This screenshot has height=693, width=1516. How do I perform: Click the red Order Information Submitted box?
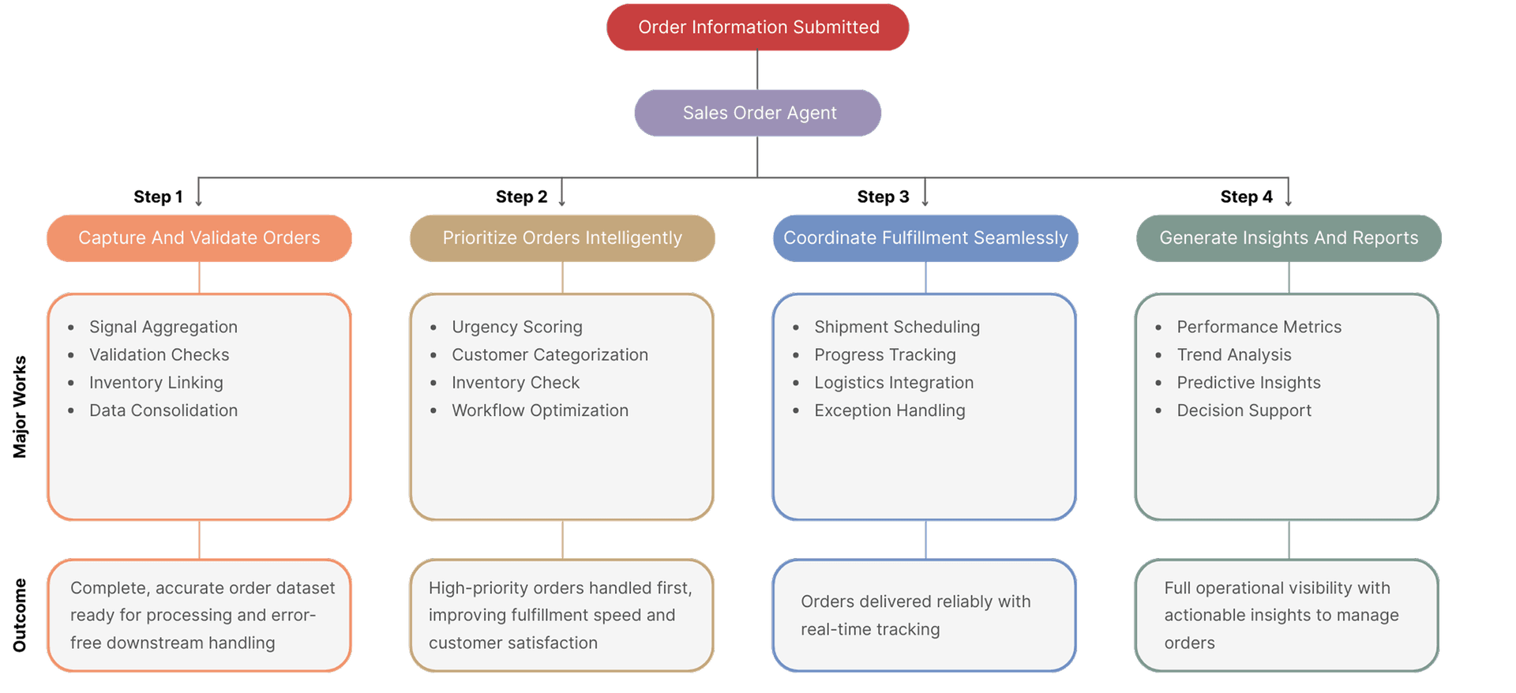pyautogui.click(x=757, y=28)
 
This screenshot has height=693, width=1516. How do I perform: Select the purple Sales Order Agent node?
pyautogui.click(x=758, y=113)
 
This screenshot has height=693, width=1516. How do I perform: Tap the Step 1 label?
pyautogui.click(x=158, y=197)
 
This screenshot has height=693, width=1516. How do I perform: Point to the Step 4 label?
pyautogui.click(x=1246, y=197)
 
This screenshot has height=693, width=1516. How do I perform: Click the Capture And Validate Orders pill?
pyautogui.click(x=199, y=238)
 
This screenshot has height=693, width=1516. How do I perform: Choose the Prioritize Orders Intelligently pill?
pyautogui.click(x=562, y=238)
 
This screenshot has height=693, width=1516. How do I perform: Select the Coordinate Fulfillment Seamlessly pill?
pyautogui.click(x=925, y=238)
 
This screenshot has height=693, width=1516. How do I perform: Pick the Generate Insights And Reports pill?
pyautogui.click(x=1289, y=238)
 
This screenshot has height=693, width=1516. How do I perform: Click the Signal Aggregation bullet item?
pyautogui.click(x=163, y=327)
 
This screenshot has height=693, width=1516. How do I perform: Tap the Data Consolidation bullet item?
pyautogui.click(x=163, y=410)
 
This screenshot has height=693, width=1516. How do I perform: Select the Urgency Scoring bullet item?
pyautogui.click(x=516, y=327)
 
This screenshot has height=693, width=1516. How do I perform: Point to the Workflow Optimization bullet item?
pyautogui.click(x=539, y=410)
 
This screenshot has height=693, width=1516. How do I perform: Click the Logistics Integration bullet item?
pyautogui.click(x=893, y=383)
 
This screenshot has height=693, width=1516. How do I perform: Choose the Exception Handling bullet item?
pyautogui.click(x=889, y=410)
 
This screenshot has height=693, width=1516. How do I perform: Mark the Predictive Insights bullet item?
pyautogui.click(x=1248, y=383)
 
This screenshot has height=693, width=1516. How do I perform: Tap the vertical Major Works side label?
pyautogui.click(x=20, y=406)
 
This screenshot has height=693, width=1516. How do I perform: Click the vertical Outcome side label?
pyautogui.click(x=20, y=615)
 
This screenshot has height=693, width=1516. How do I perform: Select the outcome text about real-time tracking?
pyautogui.click(x=915, y=615)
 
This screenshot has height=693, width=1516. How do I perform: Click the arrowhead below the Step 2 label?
pyautogui.click(x=562, y=203)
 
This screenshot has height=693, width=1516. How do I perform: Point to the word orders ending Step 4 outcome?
pyautogui.click(x=1189, y=643)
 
